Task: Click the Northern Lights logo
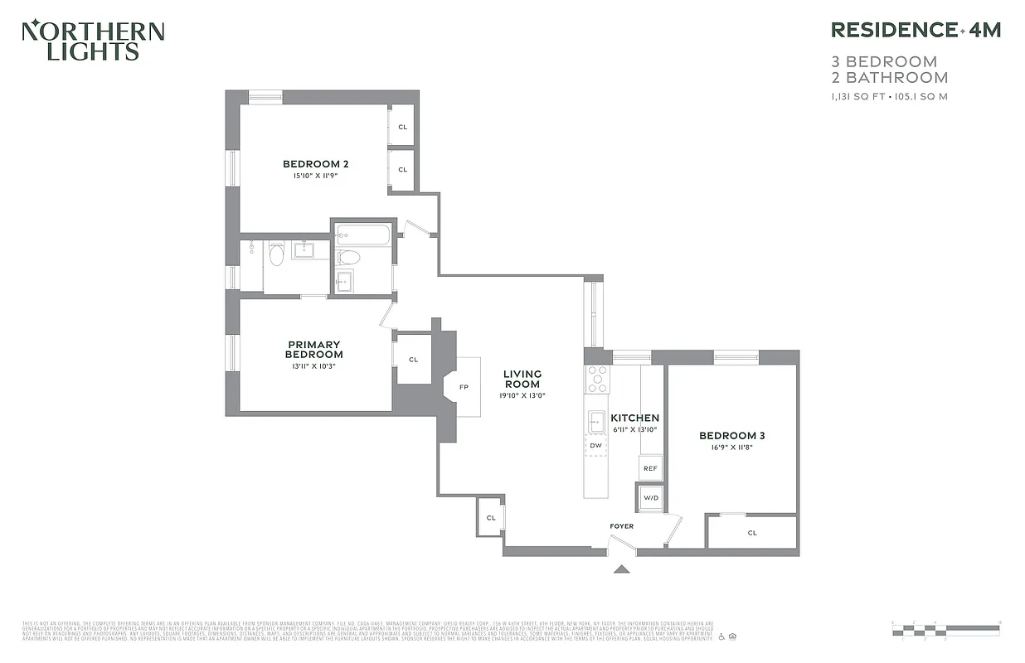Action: point(92,41)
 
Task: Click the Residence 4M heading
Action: point(916,30)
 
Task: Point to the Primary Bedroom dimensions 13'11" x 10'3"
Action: point(314,365)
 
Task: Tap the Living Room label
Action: point(522,379)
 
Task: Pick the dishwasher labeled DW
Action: point(595,446)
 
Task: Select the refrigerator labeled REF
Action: point(650,468)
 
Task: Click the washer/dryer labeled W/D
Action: point(650,497)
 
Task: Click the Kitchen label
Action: point(634,418)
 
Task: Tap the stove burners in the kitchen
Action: point(597,379)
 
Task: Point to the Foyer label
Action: point(621,525)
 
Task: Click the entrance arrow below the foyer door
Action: point(621,569)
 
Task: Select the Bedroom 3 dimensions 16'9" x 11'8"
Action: point(731,448)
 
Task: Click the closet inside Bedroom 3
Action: point(752,532)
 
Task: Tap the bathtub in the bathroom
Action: point(363,235)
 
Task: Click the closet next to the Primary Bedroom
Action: point(413,359)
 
